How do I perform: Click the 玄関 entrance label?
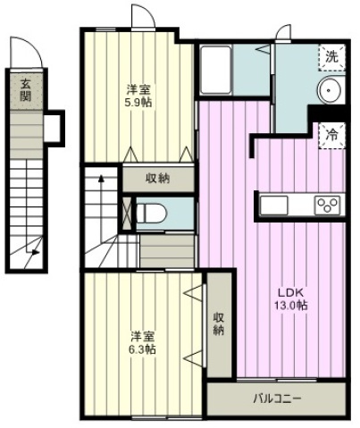[x=25, y=91]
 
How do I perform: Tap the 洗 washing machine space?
[x=331, y=57]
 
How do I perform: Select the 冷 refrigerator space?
[x=331, y=136]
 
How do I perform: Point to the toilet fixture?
[x=152, y=213]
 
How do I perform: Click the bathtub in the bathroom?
[x=216, y=70]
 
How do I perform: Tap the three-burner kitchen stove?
[x=327, y=206]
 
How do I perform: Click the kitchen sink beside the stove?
[x=274, y=206]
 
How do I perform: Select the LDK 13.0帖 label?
[x=290, y=299]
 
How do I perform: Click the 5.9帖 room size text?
[x=138, y=103]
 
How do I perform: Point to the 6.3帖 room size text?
[x=142, y=349]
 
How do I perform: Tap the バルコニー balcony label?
[x=277, y=399]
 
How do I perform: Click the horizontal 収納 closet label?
[x=158, y=179]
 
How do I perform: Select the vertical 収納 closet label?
[x=219, y=324]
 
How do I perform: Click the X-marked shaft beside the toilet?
[x=127, y=213]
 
